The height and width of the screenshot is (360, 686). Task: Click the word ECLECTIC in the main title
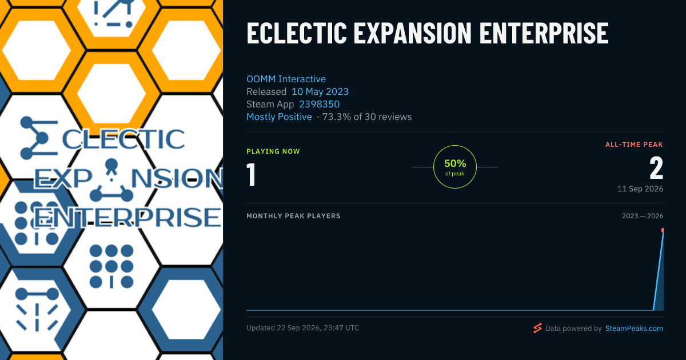click(297, 33)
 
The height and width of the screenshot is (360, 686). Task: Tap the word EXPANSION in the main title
click(413, 33)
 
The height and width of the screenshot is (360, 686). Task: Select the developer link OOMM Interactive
click(286, 79)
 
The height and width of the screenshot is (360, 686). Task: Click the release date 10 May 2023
click(320, 91)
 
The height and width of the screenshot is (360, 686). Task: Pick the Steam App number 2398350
click(319, 104)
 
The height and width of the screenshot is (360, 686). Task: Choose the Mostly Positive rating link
click(279, 117)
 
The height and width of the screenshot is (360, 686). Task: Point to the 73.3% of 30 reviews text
click(367, 117)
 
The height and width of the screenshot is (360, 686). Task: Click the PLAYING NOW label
click(273, 151)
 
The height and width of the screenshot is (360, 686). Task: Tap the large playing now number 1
click(251, 174)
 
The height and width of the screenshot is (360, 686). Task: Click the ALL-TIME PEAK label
click(634, 145)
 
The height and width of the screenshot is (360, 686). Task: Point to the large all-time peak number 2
click(656, 168)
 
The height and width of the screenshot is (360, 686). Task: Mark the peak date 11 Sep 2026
click(640, 189)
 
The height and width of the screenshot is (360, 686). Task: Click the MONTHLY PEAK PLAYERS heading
click(293, 216)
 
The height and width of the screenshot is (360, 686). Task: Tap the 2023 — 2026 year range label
click(643, 216)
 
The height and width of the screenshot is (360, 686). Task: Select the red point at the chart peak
click(663, 230)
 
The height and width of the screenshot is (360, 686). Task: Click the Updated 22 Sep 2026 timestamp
click(302, 328)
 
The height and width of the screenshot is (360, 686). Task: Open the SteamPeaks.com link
click(634, 328)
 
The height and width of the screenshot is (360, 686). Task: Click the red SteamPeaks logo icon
click(537, 328)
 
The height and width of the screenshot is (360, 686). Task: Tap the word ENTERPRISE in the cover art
click(127, 217)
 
